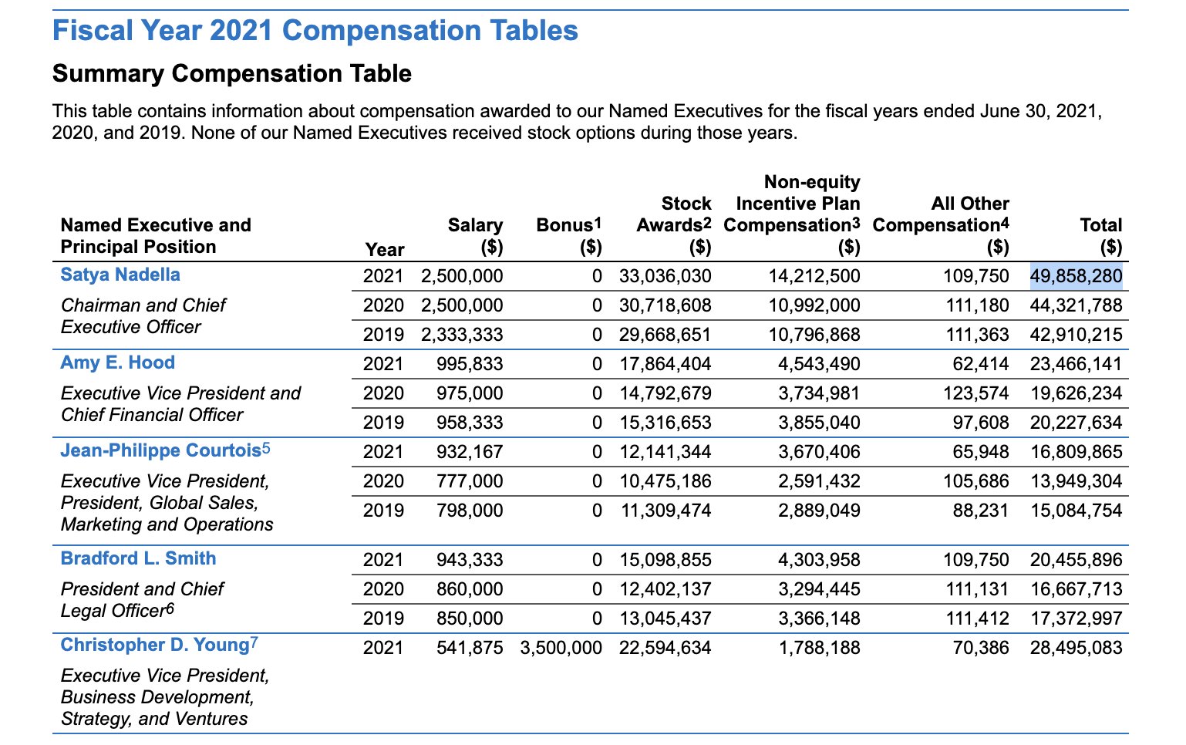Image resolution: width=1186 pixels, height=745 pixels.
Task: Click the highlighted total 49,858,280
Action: [1075, 276]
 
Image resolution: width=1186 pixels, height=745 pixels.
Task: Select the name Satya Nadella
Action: [120, 275]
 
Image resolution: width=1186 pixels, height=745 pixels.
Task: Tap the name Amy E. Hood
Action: [117, 362]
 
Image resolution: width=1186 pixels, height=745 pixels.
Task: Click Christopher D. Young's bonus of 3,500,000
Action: [561, 648]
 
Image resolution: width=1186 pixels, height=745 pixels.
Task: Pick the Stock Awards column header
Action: [673, 225]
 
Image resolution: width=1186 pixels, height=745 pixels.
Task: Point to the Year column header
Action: [385, 249]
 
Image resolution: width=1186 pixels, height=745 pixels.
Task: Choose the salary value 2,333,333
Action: [462, 335]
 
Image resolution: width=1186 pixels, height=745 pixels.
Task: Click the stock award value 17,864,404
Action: [665, 364]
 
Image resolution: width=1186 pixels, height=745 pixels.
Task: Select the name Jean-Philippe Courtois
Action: [161, 450]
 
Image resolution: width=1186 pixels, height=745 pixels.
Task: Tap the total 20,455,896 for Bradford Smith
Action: [1076, 560]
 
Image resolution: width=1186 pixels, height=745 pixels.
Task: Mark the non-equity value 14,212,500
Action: [814, 276]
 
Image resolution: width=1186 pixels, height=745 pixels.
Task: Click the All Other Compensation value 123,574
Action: [975, 393]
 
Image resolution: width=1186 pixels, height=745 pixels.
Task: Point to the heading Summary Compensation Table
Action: [232, 73]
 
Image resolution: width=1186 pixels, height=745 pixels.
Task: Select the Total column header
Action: [1100, 236]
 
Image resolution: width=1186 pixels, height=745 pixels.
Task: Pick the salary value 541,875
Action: [470, 648]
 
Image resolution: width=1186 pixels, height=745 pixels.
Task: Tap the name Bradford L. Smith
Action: [138, 558]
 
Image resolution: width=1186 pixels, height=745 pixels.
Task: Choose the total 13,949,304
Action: [1076, 480]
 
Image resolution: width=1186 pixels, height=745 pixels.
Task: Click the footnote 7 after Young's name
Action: [254, 642]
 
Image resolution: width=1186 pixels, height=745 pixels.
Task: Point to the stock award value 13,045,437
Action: [665, 618]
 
